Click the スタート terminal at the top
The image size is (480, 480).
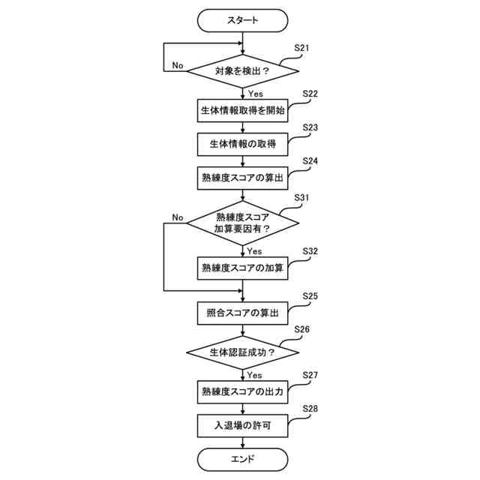click(242, 21)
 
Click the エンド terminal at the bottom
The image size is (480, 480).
click(242, 459)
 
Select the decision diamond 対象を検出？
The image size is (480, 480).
click(242, 73)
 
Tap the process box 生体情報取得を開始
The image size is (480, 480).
click(242, 110)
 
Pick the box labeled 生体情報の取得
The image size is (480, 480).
click(242, 144)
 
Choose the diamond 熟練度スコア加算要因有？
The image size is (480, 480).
click(242, 223)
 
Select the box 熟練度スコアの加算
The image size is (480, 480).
click(242, 268)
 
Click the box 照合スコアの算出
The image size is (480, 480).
click(242, 313)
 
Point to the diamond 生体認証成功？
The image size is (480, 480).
click(242, 352)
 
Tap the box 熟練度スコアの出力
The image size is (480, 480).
click(242, 391)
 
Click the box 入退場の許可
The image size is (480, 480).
click(242, 425)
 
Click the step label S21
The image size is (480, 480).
click(301, 48)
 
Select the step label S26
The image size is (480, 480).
click(301, 329)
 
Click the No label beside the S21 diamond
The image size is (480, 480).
click(178, 65)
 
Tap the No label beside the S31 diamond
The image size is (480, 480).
click(178, 217)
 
